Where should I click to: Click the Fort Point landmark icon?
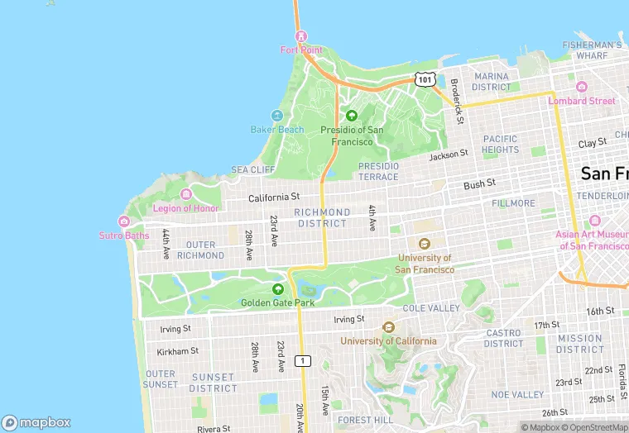click(300, 36)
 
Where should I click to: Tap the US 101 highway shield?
click(425, 79)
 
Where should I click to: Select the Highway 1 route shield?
click(304, 360)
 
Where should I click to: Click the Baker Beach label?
click(277, 129)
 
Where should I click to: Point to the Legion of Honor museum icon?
click(185, 194)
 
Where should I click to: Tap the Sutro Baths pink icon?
click(124, 221)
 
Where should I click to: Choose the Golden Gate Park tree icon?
click(278, 289)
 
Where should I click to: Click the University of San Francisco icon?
click(425, 244)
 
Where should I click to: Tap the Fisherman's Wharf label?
click(591, 50)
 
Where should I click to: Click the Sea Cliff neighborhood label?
click(252, 169)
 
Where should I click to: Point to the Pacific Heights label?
click(500, 144)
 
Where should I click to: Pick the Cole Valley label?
click(431, 308)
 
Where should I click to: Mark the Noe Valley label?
click(517, 395)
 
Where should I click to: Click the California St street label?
click(273, 197)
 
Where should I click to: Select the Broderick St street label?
click(456, 101)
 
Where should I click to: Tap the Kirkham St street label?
click(178, 351)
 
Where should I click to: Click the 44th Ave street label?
click(166, 243)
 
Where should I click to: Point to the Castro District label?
click(503, 338)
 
